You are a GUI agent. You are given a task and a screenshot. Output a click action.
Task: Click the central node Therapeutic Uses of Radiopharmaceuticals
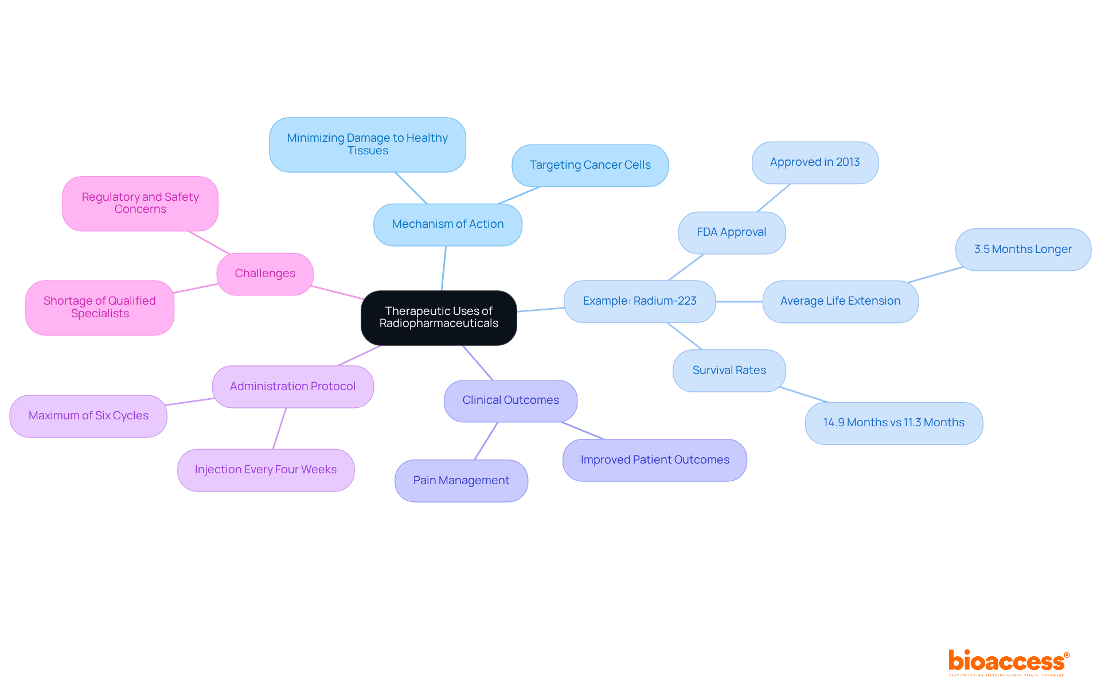coord(439,317)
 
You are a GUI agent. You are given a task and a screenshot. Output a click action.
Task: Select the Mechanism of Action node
coord(447,224)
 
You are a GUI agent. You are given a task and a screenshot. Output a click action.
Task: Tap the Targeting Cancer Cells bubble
coord(589,165)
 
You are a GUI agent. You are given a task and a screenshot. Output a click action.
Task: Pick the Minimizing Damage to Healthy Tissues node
coord(367,145)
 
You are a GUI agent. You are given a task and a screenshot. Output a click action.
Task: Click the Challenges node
coord(265,274)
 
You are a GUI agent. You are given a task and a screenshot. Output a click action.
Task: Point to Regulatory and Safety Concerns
coord(140,203)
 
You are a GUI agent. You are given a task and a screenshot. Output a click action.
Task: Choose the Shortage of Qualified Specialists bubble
coord(100,307)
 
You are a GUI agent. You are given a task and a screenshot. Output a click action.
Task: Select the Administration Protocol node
coord(292,387)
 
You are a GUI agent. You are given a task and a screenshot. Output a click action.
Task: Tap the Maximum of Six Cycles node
coord(88,416)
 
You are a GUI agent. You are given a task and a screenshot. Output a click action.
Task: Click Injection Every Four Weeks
coord(266,470)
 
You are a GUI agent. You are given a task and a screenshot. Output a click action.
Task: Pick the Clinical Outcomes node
coord(510,400)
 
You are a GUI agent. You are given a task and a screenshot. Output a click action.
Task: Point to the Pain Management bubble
coord(461,481)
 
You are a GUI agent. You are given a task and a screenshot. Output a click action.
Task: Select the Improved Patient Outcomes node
coord(654,460)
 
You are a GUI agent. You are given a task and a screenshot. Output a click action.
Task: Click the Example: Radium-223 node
coord(639,301)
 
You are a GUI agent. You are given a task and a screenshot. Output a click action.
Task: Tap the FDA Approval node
coord(731,232)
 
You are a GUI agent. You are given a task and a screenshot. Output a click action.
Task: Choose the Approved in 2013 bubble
coord(814,162)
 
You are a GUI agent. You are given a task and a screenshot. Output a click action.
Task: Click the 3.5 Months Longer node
coord(1022,250)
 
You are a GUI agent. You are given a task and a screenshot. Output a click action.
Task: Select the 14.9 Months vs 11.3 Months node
coord(893,423)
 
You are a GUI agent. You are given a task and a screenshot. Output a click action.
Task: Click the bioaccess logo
coord(1008,662)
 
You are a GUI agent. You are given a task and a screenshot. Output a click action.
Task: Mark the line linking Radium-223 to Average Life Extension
coord(739,302)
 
